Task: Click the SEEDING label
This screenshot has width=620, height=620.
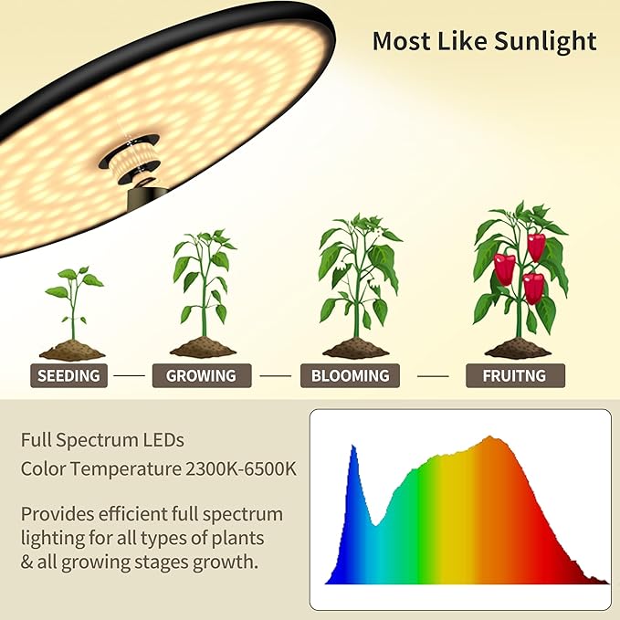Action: coord(68,375)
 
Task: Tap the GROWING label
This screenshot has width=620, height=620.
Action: coord(201,375)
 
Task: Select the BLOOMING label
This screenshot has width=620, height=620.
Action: coord(350,375)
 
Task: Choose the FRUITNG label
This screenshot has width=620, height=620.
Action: coord(515,375)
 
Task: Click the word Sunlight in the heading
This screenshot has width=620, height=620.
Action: coord(545,41)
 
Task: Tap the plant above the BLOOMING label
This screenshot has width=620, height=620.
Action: coord(356,274)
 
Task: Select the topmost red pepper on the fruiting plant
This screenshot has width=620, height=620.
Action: coord(536,246)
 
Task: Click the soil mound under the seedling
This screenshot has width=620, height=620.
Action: coord(72,351)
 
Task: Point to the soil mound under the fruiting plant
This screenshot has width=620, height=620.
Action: coord(517,349)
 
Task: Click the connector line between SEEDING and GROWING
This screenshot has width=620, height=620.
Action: coord(129,375)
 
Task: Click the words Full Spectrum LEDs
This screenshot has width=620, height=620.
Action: coord(102,440)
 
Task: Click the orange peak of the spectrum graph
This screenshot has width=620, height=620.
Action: coord(494,443)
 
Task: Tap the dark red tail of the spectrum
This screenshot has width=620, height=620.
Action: coord(589,575)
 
